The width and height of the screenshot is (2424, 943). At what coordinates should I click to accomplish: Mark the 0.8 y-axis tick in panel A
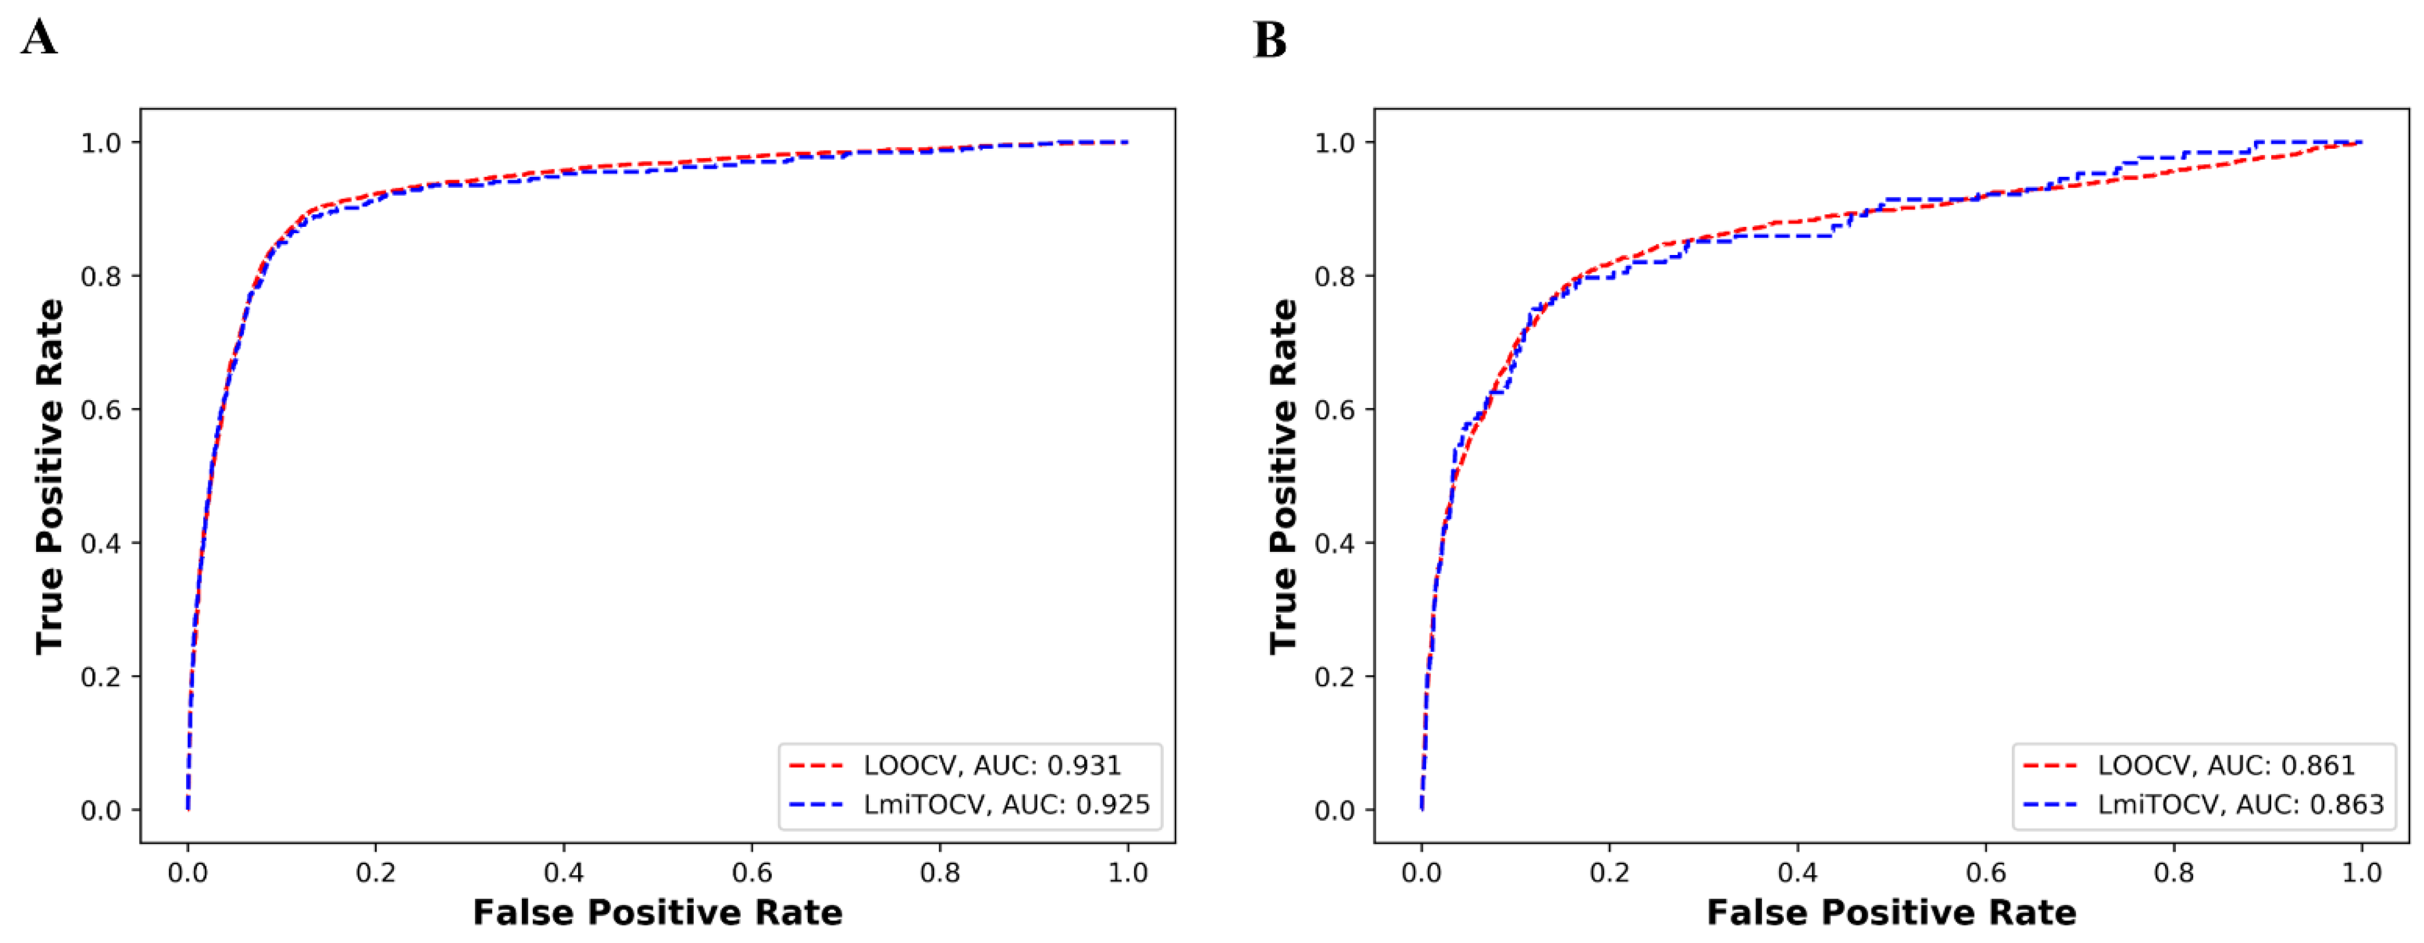[102, 276]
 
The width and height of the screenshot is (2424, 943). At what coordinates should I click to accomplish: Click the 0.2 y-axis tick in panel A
[102, 677]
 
